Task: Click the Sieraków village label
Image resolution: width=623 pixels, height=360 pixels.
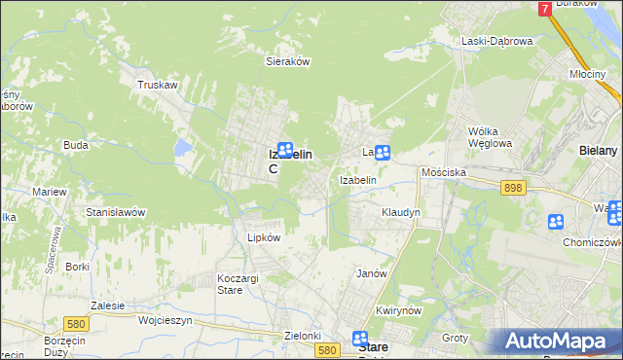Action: (x=287, y=60)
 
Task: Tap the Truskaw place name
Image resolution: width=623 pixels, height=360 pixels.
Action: (x=157, y=85)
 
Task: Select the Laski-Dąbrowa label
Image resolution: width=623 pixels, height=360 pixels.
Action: (x=496, y=41)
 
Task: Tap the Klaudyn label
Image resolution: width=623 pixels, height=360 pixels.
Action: (x=401, y=211)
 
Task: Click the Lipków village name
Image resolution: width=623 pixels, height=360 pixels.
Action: (x=264, y=237)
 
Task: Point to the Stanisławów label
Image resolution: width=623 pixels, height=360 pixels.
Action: (x=116, y=211)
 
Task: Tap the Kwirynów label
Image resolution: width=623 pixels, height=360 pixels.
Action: (x=397, y=310)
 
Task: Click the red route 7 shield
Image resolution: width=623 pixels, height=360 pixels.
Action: (x=544, y=8)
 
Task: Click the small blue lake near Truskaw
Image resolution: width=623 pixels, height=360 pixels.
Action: (x=182, y=148)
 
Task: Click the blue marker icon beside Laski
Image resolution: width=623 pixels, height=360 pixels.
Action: (x=383, y=152)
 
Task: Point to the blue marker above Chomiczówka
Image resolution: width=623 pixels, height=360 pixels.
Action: (x=555, y=222)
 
